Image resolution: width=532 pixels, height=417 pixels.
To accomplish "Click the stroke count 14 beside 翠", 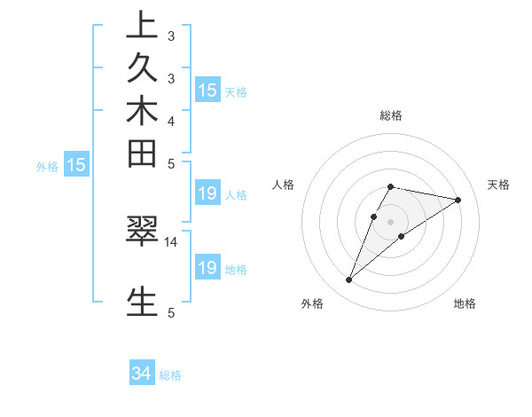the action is coord(171,241).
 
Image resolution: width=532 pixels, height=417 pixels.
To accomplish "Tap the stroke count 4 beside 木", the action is coord(170,121).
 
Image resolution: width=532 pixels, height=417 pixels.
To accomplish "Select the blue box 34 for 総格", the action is coord(142,374).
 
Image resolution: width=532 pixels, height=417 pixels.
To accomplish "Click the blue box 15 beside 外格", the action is coord(77,164).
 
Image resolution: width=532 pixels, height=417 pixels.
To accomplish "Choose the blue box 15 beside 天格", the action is coord(207,90).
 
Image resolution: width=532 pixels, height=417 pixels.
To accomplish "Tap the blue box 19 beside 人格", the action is coord(207,194).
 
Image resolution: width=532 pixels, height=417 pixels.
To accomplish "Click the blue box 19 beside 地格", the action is coord(207,268).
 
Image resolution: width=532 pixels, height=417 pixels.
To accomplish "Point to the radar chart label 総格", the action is coord(391,115).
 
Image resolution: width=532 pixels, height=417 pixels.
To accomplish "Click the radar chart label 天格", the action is coord(499,185).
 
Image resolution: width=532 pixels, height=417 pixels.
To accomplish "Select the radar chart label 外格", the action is coord(312,303).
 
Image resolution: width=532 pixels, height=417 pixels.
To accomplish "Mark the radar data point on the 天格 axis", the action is coord(458,200).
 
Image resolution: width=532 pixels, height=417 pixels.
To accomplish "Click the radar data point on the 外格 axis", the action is coord(348,280).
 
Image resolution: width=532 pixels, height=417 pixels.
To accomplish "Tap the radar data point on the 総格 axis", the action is coord(391,186).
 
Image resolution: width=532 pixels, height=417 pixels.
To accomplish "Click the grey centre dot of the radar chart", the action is coord(391,222).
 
